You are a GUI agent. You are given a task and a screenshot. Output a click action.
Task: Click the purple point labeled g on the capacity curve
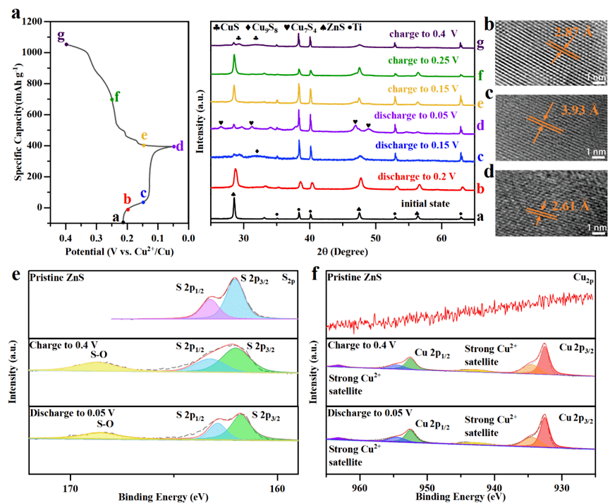66,44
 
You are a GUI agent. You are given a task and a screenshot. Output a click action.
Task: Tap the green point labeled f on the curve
111,99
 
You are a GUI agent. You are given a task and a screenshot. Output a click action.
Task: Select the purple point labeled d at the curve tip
173,147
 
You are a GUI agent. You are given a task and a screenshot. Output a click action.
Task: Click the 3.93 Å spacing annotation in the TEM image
569,110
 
